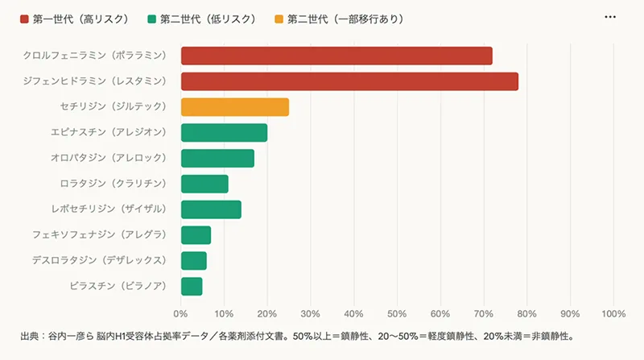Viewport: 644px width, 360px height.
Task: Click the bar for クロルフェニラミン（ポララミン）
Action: click(x=336, y=56)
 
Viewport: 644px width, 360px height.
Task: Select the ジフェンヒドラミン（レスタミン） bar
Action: click(x=349, y=81)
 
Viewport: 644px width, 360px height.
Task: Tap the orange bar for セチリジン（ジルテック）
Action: click(x=234, y=107)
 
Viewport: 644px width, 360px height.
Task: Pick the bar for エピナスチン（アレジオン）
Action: click(x=224, y=133)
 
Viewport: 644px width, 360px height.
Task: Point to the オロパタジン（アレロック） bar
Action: click(x=217, y=158)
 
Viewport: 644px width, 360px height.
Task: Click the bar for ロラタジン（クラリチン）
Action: click(x=204, y=184)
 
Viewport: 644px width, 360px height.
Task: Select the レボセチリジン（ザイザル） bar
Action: click(x=211, y=209)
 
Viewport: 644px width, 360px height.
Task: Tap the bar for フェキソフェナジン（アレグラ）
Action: click(x=196, y=235)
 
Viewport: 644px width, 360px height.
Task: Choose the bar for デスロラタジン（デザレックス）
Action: click(x=194, y=261)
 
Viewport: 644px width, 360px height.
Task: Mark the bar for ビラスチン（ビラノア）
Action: click(x=192, y=286)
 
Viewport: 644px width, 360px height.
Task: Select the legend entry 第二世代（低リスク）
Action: click(x=200, y=18)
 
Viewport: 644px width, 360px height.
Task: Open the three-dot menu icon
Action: click(x=610, y=17)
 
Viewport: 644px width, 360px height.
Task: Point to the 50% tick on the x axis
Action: click(x=397, y=312)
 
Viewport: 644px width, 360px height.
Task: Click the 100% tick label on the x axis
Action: click(x=613, y=312)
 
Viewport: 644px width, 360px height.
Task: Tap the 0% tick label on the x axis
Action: click(x=181, y=312)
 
